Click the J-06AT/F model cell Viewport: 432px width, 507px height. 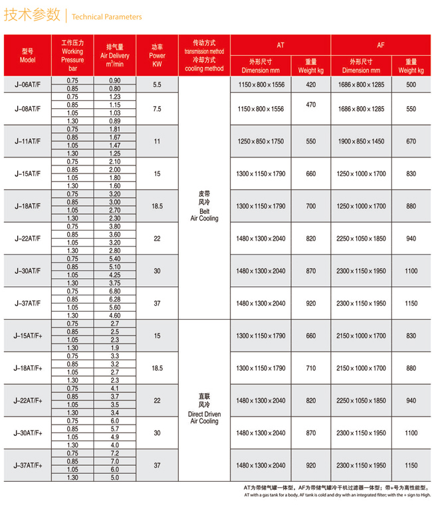[27, 84]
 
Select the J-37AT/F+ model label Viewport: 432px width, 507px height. [27, 465]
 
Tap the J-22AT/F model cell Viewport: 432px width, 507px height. [27, 238]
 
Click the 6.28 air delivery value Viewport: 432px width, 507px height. [114, 298]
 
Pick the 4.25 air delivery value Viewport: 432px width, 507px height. [114, 274]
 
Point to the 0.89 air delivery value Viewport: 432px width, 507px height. [114, 121]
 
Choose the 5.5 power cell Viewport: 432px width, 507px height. [157, 84]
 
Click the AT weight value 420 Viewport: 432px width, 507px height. [311, 84]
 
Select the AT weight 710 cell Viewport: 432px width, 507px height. [311, 368]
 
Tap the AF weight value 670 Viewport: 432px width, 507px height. [411, 141]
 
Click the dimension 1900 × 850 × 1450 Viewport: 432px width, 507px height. [360, 141]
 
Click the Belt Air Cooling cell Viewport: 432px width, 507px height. [204, 205]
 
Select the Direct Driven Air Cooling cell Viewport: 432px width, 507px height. [204, 408]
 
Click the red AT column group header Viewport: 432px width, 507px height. [280, 45]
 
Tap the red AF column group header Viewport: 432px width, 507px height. [380, 45]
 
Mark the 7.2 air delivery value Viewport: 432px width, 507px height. [114, 453]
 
